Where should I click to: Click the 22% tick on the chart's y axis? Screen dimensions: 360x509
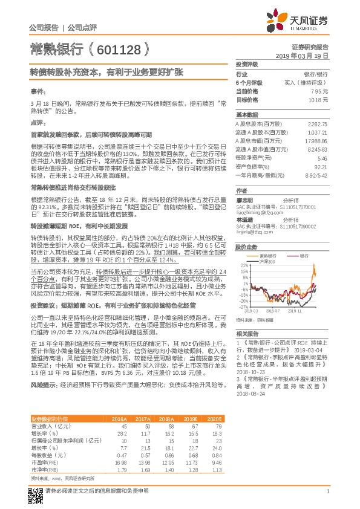tap(244, 265)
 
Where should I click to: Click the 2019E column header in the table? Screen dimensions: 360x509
tap(192, 418)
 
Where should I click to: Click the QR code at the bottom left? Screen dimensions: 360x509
tap(36, 488)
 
